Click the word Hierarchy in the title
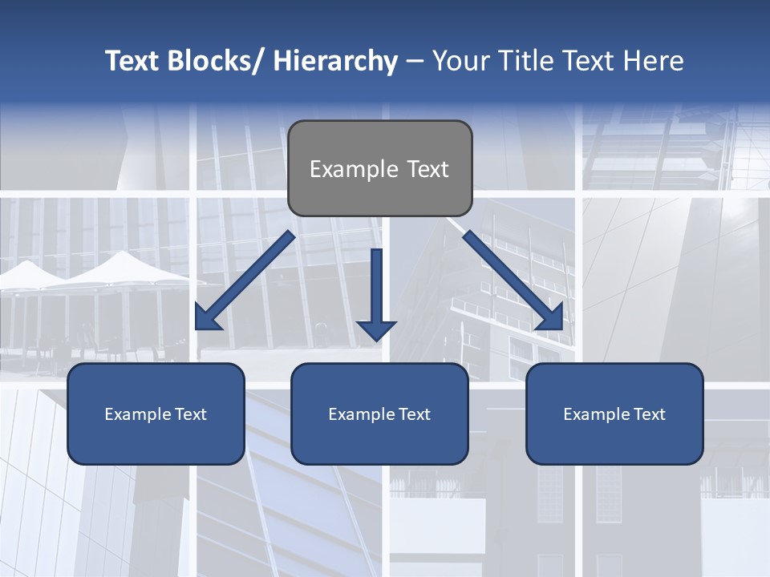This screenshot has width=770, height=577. [x=335, y=61]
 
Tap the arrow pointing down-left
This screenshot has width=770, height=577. [x=245, y=281]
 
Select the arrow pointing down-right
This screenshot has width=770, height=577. [x=513, y=281]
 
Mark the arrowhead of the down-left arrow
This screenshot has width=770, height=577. [x=207, y=318]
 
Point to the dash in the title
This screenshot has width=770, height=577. [x=415, y=62]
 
